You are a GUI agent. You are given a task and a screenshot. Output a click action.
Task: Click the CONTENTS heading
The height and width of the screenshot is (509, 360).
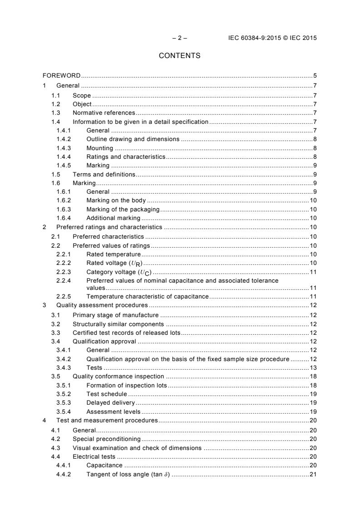pos(180,56)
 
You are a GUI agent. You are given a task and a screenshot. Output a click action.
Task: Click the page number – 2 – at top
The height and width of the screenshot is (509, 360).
pos(180,38)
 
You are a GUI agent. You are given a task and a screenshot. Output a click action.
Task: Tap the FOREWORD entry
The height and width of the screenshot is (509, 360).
pos(62,75)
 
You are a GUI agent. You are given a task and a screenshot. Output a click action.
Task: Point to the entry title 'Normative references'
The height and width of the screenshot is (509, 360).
pos(104,113)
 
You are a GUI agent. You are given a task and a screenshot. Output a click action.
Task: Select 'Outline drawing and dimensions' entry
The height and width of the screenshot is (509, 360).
pos(133,139)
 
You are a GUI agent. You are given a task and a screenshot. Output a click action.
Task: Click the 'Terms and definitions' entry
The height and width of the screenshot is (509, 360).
pos(104,175)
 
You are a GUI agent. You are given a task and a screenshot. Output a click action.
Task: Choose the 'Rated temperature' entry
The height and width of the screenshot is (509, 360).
pos(113,254)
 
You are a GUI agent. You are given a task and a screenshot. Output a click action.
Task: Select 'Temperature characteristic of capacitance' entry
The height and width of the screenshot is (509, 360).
pos(147,296)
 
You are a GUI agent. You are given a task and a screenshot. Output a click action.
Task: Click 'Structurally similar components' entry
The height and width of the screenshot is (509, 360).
pos(118,324)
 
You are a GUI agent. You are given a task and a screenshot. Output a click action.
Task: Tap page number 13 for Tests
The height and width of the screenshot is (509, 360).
pos(313,367)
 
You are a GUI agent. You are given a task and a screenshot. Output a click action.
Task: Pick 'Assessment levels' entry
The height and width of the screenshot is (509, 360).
pos(113,411)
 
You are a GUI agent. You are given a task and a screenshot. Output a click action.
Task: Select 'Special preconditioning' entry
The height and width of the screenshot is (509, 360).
pos(107,439)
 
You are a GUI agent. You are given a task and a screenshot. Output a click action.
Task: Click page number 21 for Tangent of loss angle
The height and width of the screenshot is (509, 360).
pos(313,474)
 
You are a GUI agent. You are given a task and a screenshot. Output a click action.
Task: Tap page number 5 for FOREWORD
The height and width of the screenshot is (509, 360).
pos(315,75)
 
